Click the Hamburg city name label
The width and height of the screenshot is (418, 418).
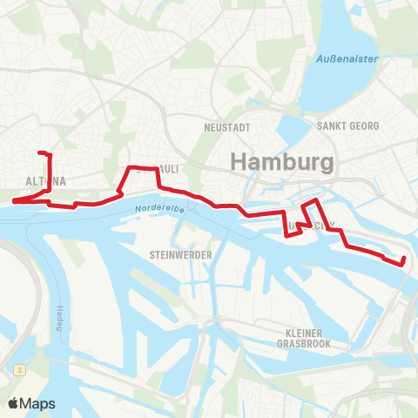(x=280, y=163)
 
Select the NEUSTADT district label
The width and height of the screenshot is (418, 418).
(x=226, y=127)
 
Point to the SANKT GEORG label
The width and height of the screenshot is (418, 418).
(x=348, y=126)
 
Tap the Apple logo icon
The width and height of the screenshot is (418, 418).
(x=14, y=404)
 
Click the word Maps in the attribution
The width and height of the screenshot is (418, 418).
(x=38, y=404)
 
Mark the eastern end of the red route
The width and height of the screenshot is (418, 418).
(x=404, y=260)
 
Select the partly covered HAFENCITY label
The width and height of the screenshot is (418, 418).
(x=310, y=225)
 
